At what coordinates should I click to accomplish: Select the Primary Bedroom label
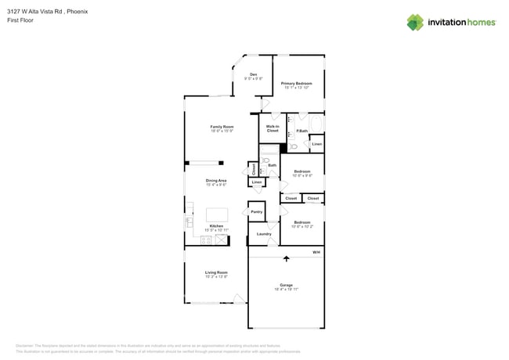tap(298, 84)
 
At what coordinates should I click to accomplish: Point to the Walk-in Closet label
tap(273, 128)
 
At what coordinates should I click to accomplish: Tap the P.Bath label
tap(301, 131)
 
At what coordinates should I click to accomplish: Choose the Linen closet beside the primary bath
tap(316, 144)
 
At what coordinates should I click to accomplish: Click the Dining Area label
tap(216, 182)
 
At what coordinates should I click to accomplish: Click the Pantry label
tap(256, 212)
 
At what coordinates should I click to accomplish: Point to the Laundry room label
tap(264, 233)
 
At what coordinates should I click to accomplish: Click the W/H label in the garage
tap(316, 252)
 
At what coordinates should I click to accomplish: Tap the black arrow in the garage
tap(286, 257)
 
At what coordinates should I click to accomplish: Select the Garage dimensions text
tap(287, 289)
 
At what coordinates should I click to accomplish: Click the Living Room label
tap(216, 274)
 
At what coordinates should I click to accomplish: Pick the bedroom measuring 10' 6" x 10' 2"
tap(302, 224)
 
